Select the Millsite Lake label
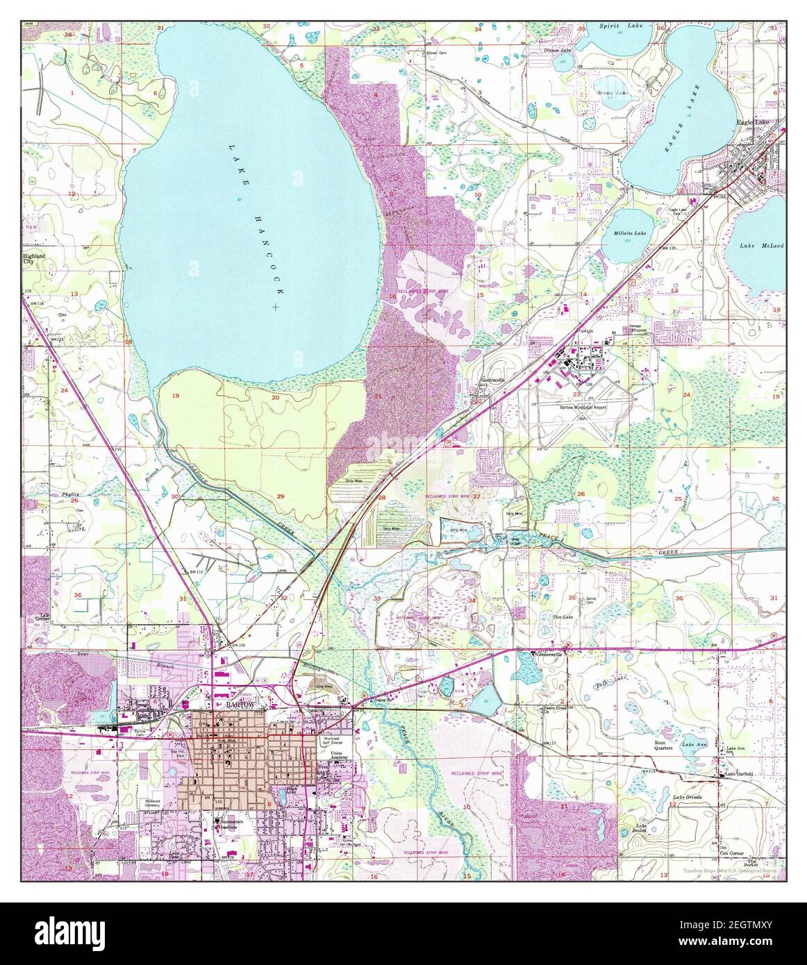(630, 233)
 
